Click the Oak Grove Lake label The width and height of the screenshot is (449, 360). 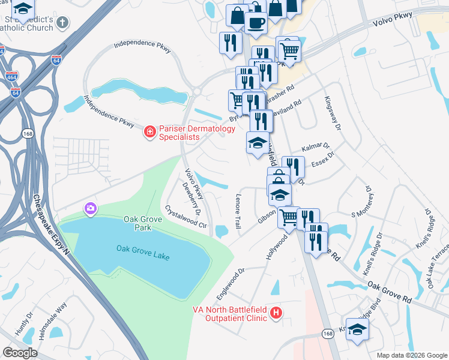pyautogui.click(x=143, y=253)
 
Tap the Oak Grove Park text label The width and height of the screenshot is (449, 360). pyautogui.click(x=143, y=224)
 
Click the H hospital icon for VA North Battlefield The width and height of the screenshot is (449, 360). pyautogui.click(x=276, y=313)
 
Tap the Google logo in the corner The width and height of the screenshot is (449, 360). pyautogui.click(x=20, y=353)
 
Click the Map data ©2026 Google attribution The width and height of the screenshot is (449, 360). pyautogui.click(x=411, y=355)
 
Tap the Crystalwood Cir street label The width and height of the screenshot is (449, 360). pyautogui.click(x=186, y=220)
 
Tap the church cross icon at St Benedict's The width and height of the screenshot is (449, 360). pyautogui.click(x=63, y=23)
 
